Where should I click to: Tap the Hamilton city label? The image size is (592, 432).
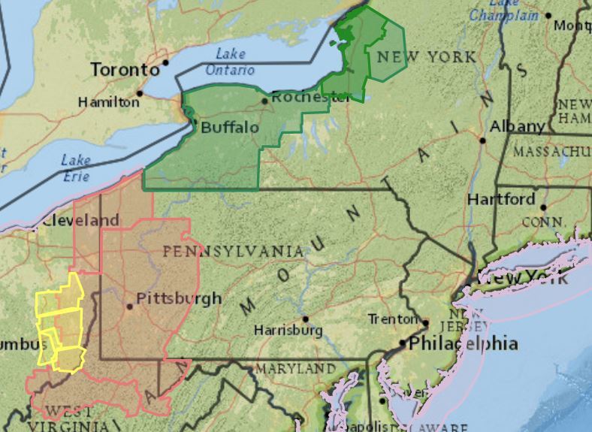click(109, 101)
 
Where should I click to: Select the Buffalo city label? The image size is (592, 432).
click(229, 128)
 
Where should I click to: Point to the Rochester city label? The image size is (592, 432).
click(310, 97)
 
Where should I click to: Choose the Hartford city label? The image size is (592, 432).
click(501, 199)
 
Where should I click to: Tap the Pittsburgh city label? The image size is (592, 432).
click(180, 298)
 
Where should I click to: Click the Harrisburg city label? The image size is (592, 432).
click(288, 330)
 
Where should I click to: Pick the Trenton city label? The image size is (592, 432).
click(393, 319)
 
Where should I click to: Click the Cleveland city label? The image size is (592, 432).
click(80, 221)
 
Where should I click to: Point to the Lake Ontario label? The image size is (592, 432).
click(231, 62)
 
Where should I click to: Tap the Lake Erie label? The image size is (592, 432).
click(75, 168)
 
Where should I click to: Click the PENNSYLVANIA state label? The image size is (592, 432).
click(234, 251)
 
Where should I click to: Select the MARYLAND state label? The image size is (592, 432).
click(295, 369)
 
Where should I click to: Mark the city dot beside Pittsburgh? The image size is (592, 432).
click(130, 306)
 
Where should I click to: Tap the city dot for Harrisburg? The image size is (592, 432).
click(304, 319)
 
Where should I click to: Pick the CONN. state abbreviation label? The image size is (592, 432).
click(543, 222)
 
